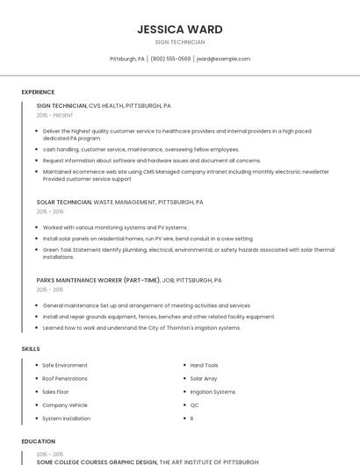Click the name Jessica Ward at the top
coord(179,29)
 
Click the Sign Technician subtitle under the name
coord(179,42)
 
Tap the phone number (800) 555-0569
coord(170,59)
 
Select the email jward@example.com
coord(223,59)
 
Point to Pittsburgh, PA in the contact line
coord(127,59)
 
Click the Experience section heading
coord(38,92)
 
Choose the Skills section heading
coord(31,348)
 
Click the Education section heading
coord(39,441)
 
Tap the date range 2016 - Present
coord(55,115)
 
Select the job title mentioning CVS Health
coord(104,105)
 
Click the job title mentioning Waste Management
coord(119,202)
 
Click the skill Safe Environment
coord(65,365)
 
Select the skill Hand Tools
coord(204,365)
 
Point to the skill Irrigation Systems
coord(212,391)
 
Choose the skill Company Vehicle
coord(65,405)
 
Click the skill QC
coord(194,405)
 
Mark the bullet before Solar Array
coord(184,378)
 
